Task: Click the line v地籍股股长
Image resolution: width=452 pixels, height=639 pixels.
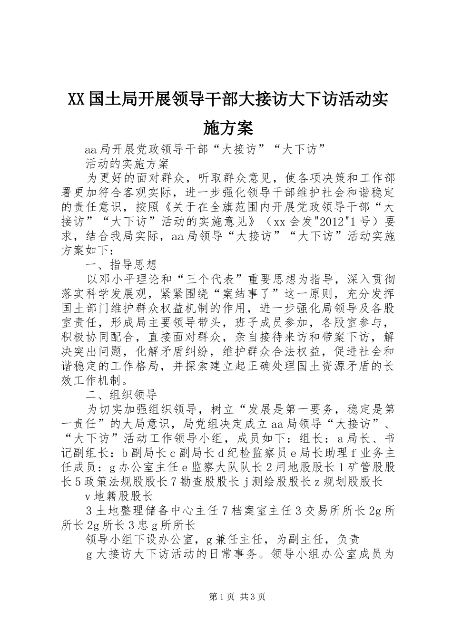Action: (x=118, y=496)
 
